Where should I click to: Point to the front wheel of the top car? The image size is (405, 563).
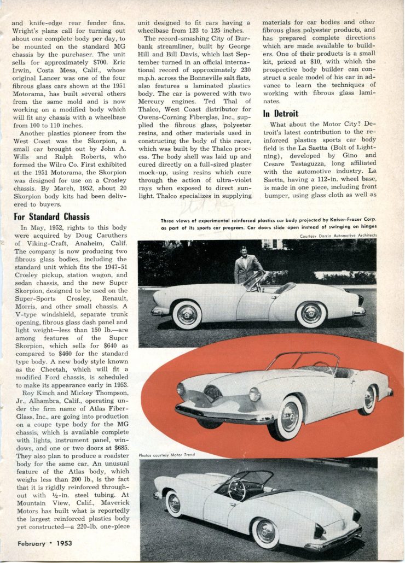(187, 315)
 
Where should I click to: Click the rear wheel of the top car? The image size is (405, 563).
(311, 313)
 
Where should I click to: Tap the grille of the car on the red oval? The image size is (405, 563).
(212, 392)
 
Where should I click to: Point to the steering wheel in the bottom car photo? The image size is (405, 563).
(236, 490)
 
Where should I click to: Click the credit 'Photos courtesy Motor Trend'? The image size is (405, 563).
(166, 455)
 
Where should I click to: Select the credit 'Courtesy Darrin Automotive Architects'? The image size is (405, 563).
(338, 236)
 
